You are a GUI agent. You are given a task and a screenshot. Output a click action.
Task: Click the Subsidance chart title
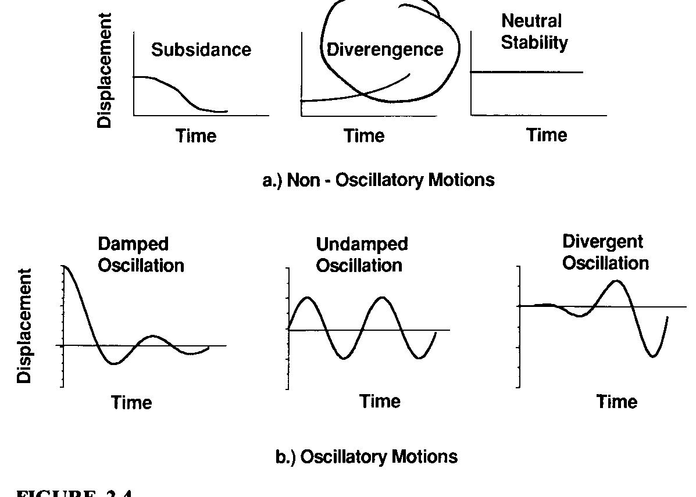coord(201,50)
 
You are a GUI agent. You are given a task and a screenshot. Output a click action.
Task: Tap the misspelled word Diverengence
coord(385,50)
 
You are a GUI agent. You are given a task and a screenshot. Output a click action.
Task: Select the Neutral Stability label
coord(534,32)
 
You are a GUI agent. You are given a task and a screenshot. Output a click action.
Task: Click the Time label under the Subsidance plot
coord(196,136)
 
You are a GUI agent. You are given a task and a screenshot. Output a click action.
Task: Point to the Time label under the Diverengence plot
coord(364,136)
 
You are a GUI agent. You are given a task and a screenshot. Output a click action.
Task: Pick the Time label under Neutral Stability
coord(547,135)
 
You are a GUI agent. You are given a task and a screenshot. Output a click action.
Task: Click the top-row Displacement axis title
coord(105,70)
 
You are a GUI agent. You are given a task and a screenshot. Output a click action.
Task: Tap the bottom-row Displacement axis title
coord(24,326)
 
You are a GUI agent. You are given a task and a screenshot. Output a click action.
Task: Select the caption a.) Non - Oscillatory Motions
coord(379,180)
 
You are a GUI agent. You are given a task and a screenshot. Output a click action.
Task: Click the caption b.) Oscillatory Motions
coord(366,456)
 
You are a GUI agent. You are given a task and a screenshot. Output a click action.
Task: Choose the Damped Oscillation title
coord(141,255)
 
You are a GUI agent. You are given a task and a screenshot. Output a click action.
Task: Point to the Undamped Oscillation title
coord(362,255)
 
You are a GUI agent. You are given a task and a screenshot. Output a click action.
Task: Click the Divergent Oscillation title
coord(605,252)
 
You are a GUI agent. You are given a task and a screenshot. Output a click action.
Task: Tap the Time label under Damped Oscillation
coord(131,402)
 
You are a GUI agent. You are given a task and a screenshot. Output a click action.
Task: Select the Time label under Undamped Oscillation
coord(380,401)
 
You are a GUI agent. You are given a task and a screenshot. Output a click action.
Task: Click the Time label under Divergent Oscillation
coord(616,402)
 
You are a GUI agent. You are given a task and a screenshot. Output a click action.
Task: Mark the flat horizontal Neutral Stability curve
coord(526,72)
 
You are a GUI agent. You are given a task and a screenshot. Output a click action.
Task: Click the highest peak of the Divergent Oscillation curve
coord(617,281)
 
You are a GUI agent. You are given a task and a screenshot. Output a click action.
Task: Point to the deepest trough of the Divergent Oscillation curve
coord(654,356)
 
